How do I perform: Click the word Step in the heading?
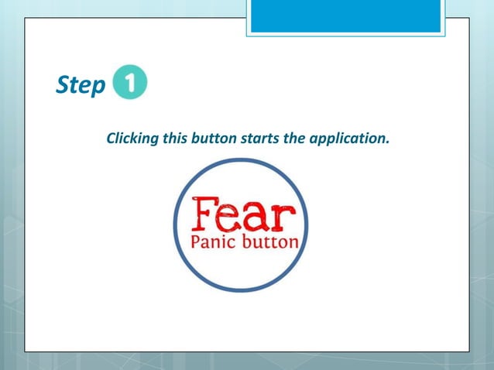[80, 87]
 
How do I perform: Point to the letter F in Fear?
[204, 214]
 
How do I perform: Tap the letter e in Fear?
[230, 218]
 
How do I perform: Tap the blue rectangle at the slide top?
[345, 16]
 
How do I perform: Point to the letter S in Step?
[63, 86]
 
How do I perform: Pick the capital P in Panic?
[196, 242]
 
